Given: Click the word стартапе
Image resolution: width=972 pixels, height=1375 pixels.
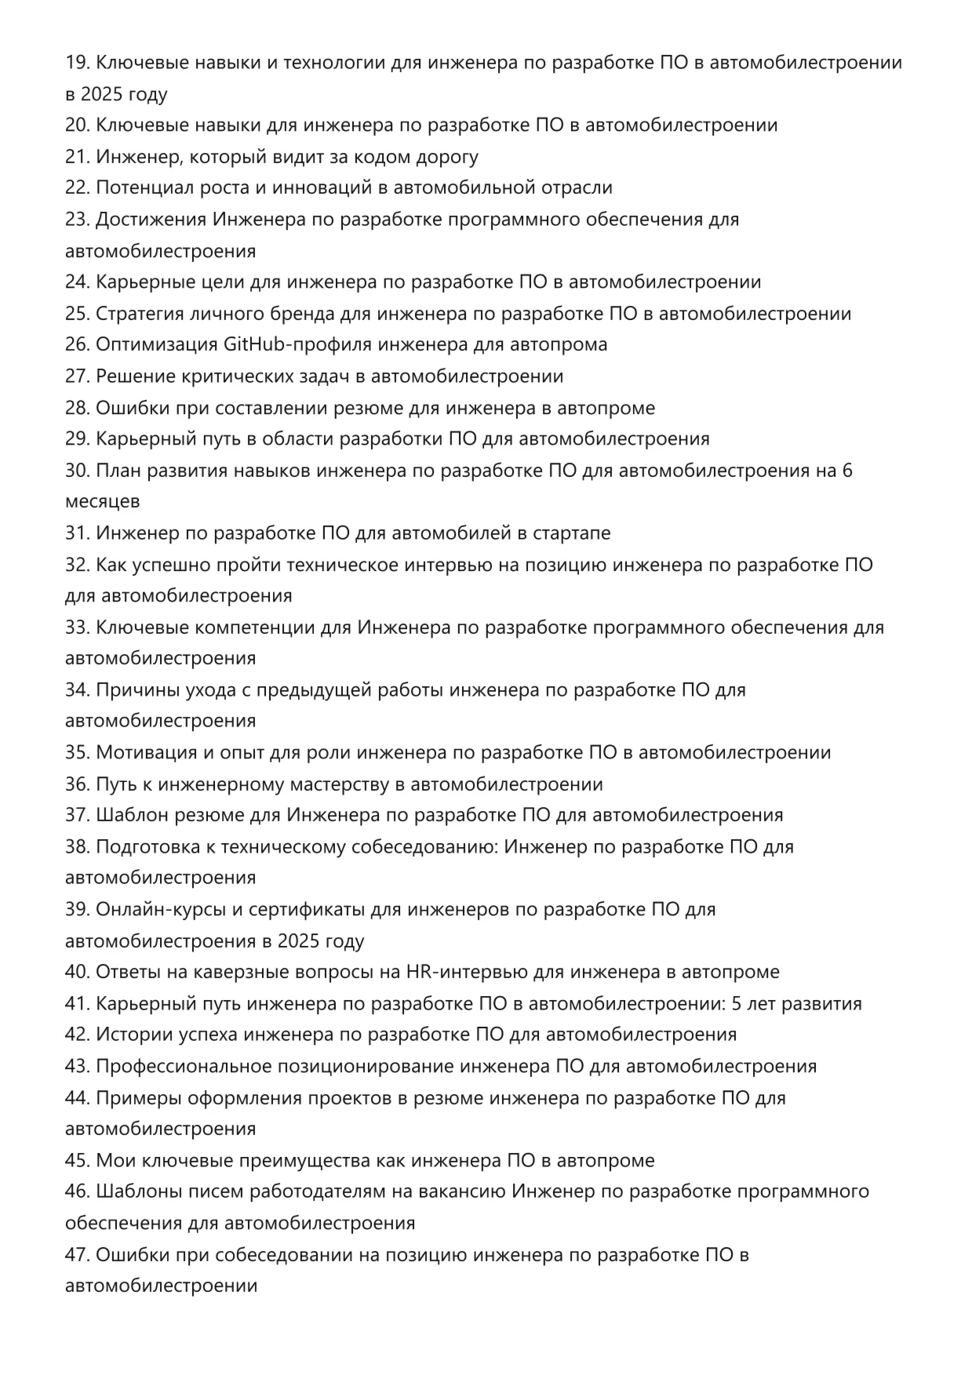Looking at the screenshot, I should tap(572, 533).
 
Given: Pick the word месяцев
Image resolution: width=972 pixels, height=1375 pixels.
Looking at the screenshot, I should tap(103, 501).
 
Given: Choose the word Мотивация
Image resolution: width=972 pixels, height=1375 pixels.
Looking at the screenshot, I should tap(147, 753).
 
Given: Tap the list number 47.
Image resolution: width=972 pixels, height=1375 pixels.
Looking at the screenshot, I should tap(77, 1255).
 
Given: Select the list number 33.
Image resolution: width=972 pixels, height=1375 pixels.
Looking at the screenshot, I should tap(77, 627).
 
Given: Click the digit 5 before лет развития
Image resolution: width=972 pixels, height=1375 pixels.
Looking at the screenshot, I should tap(737, 1004).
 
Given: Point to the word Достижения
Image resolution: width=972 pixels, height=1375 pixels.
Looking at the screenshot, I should tap(151, 220).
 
